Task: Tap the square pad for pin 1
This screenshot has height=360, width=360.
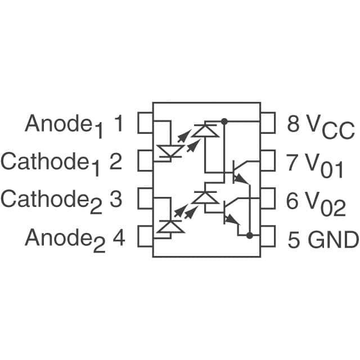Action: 146,124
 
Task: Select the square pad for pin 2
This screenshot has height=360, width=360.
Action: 146,160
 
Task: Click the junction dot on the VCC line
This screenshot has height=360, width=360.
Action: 224,121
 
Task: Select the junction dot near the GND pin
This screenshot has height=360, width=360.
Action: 249,235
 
